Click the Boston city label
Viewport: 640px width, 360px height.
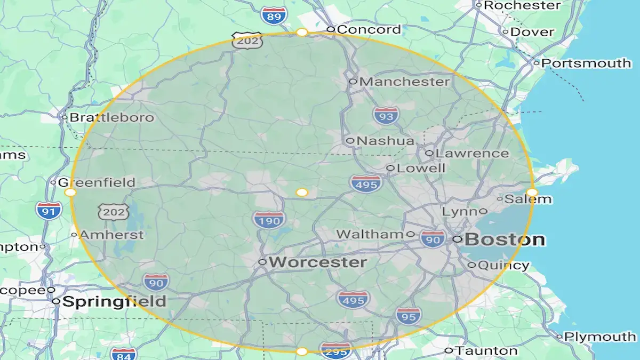(505, 239)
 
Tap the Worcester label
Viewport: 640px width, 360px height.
(318, 262)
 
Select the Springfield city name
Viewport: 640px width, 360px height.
(114, 301)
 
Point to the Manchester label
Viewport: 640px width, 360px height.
(405, 82)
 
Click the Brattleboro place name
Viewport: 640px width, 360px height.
(112, 117)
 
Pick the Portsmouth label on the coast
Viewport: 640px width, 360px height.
(586, 63)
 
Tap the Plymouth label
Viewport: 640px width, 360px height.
(600, 337)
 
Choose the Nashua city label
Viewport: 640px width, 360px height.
(386, 141)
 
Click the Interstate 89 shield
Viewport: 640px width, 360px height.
(275, 15)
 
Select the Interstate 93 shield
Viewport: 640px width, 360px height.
(386, 115)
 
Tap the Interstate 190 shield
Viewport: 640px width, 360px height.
(269, 219)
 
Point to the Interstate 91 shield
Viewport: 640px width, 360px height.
(49, 210)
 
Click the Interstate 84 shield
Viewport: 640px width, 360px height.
(123, 354)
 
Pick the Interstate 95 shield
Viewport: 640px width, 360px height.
(409, 316)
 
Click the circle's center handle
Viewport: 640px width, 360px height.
(302, 192)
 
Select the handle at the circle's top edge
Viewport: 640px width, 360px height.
(302, 33)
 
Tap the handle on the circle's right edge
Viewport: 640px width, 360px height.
(532, 192)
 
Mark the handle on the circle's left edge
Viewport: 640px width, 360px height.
(70, 192)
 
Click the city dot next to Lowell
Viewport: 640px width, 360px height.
(390, 168)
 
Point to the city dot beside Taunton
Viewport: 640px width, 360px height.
(449, 350)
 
